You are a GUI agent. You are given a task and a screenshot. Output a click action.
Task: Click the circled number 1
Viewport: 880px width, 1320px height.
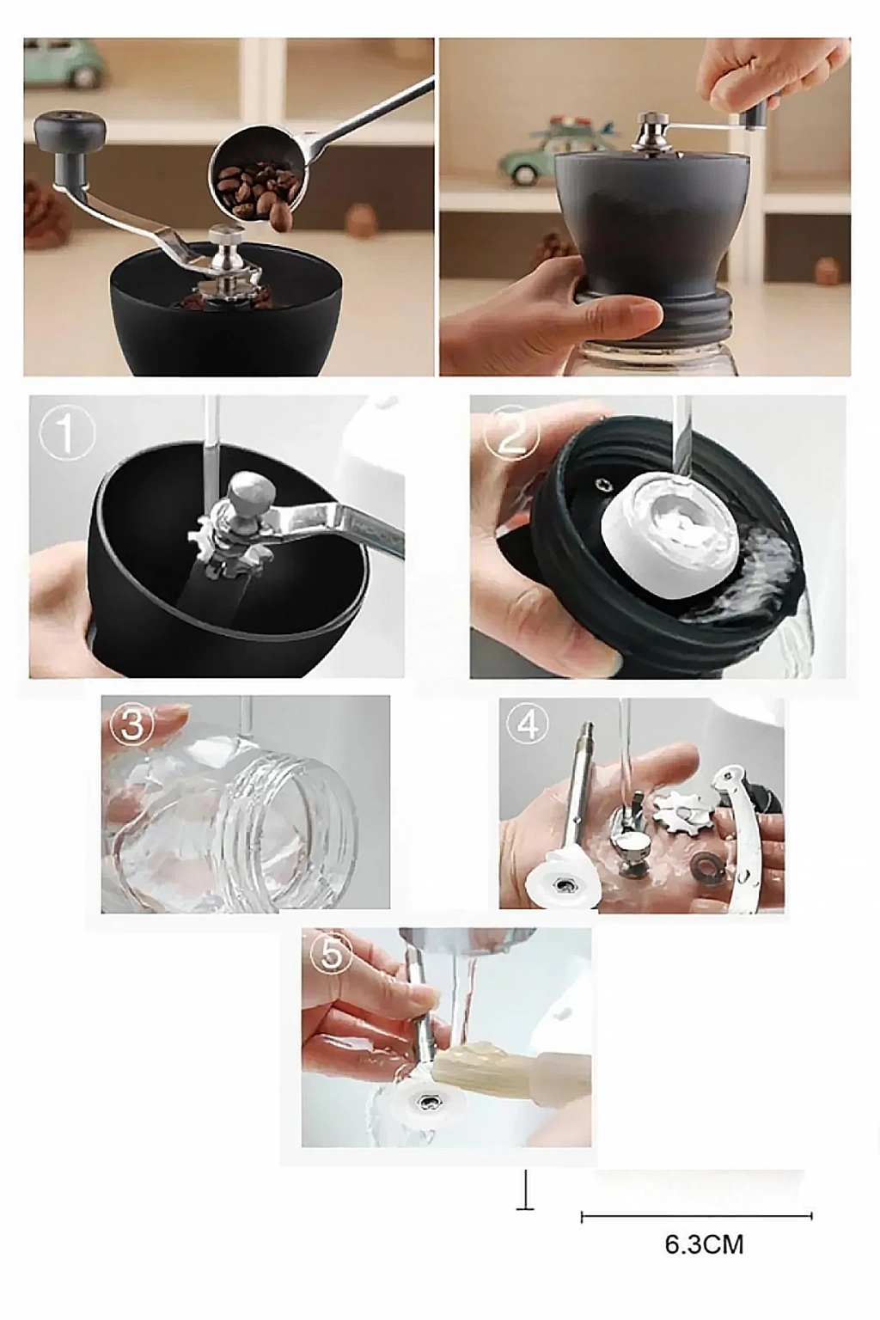67,434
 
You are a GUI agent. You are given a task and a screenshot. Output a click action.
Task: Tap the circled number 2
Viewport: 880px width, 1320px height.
511,434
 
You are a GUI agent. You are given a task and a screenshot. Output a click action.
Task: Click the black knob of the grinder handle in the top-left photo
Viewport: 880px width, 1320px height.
70,131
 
